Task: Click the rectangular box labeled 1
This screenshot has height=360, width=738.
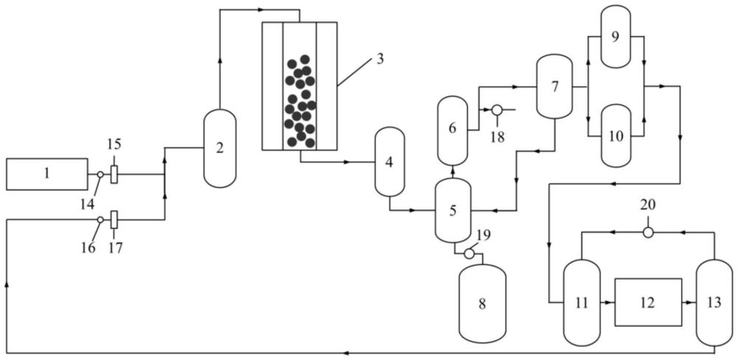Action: tap(46, 174)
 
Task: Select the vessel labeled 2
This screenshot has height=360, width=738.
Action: tap(219, 148)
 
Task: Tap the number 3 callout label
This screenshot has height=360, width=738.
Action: tap(379, 59)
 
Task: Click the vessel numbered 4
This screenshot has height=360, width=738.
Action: tap(389, 162)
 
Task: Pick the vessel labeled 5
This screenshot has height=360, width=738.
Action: tap(452, 210)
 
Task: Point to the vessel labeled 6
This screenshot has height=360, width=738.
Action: tap(452, 129)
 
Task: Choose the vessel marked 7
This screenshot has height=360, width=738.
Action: tap(553, 86)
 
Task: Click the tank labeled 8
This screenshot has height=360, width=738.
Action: tap(482, 302)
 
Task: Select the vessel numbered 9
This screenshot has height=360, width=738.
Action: tap(616, 35)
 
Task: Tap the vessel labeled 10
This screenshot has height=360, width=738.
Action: tap(616, 136)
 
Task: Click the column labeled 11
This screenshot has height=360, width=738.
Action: tap(581, 302)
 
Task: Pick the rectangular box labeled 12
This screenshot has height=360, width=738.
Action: tap(647, 302)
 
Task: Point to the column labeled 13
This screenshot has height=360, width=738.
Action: tap(714, 302)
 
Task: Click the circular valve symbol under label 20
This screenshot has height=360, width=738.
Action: tap(648, 232)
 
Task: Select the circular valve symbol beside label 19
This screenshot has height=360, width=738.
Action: tap(469, 254)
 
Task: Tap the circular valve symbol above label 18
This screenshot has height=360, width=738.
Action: tap(497, 110)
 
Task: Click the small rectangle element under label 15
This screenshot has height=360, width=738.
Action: tap(114, 175)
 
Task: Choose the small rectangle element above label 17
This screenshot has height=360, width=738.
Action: tap(114, 219)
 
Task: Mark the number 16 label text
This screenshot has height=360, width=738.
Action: tap(88, 247)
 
